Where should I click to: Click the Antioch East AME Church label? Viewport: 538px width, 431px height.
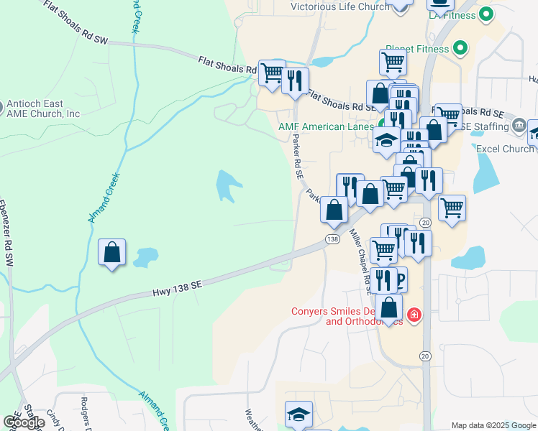43,108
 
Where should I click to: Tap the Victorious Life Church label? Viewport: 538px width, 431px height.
339,7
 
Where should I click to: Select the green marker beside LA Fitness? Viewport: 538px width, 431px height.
486,14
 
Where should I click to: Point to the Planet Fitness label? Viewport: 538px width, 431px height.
417,50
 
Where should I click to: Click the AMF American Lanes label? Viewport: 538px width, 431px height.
326,126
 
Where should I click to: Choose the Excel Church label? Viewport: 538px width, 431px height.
505,149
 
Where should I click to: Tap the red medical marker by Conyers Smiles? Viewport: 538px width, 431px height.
414,315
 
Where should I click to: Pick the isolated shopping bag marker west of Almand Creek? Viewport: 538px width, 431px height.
112,253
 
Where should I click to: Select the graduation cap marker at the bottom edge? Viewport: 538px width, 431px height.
298,414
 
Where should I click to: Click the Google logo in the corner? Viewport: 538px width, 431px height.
23,422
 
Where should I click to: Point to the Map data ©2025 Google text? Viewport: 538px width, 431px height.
493,425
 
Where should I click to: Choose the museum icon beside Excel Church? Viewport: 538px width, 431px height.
519,126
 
